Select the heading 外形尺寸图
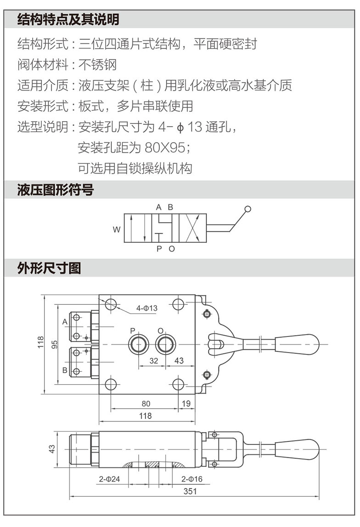(49, 268)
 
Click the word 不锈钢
(97, 65)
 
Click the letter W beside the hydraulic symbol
(117, 229)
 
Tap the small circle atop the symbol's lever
(248, 209)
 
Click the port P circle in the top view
(138, 344)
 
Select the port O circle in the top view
(165, 344)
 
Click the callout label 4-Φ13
(146, 308)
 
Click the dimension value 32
(153, 361)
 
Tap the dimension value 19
(186, 404)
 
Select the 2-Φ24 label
(109, 479)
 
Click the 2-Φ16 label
(191, 479)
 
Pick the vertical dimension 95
(54, 344)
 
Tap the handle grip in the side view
(297, 448)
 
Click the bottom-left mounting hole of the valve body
(111, 384)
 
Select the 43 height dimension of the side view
(52, 449)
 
